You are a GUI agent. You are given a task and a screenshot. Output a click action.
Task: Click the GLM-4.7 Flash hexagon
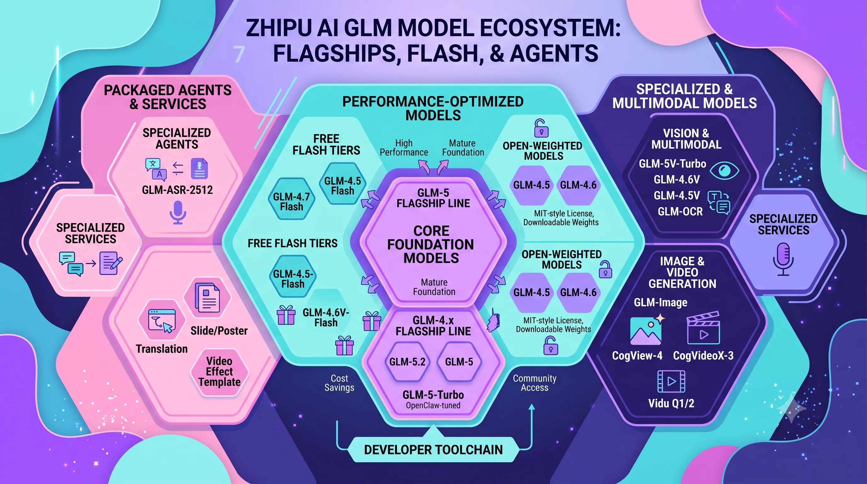[x=291, y=199]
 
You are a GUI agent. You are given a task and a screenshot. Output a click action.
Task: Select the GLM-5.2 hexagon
[x=407, y=362]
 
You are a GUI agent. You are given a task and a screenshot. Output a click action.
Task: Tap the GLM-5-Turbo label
[x=433, y=395]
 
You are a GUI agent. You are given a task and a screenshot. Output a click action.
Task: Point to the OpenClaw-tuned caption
[x=433, y=405]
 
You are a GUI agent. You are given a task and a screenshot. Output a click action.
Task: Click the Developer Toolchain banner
[x=433, y=450]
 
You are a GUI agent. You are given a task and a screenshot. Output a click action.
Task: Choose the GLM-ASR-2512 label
[x=177, y=190]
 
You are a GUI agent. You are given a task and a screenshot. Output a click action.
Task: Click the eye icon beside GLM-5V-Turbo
[x=724, y=170]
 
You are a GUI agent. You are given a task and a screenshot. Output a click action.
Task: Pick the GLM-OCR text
[x=680, y=211]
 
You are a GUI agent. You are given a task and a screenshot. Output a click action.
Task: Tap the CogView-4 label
[x=637, y=355]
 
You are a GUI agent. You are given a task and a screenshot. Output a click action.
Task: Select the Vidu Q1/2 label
[x=671, y=403]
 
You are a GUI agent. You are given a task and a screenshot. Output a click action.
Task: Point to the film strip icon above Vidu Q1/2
[x=671, y=381]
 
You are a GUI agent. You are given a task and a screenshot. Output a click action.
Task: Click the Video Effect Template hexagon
[x=220, y=372]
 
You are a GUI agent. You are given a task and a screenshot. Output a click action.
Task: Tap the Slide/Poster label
[x=219, y=331]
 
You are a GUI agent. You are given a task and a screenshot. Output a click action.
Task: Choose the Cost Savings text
[x=339, y=383]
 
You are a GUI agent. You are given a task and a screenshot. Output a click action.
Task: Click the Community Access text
[x=534, y=383]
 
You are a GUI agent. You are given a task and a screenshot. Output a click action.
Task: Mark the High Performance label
[x=404, y=148]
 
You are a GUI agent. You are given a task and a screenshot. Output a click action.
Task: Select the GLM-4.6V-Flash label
[x=326, y=317]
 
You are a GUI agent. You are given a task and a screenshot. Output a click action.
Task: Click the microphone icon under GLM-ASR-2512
[x=178, y=212]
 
